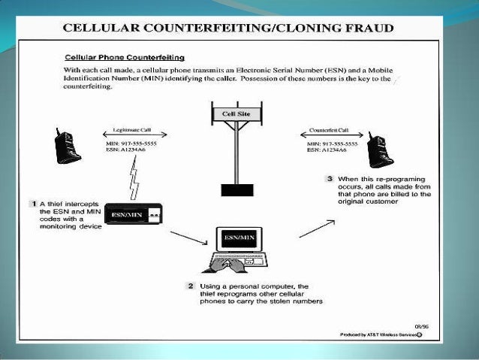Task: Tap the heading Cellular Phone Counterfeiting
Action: (x=125, y=57)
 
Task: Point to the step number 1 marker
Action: (x=34, y=203)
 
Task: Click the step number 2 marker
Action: (x=191, y=286)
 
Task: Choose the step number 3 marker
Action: (x=330, y=179)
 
